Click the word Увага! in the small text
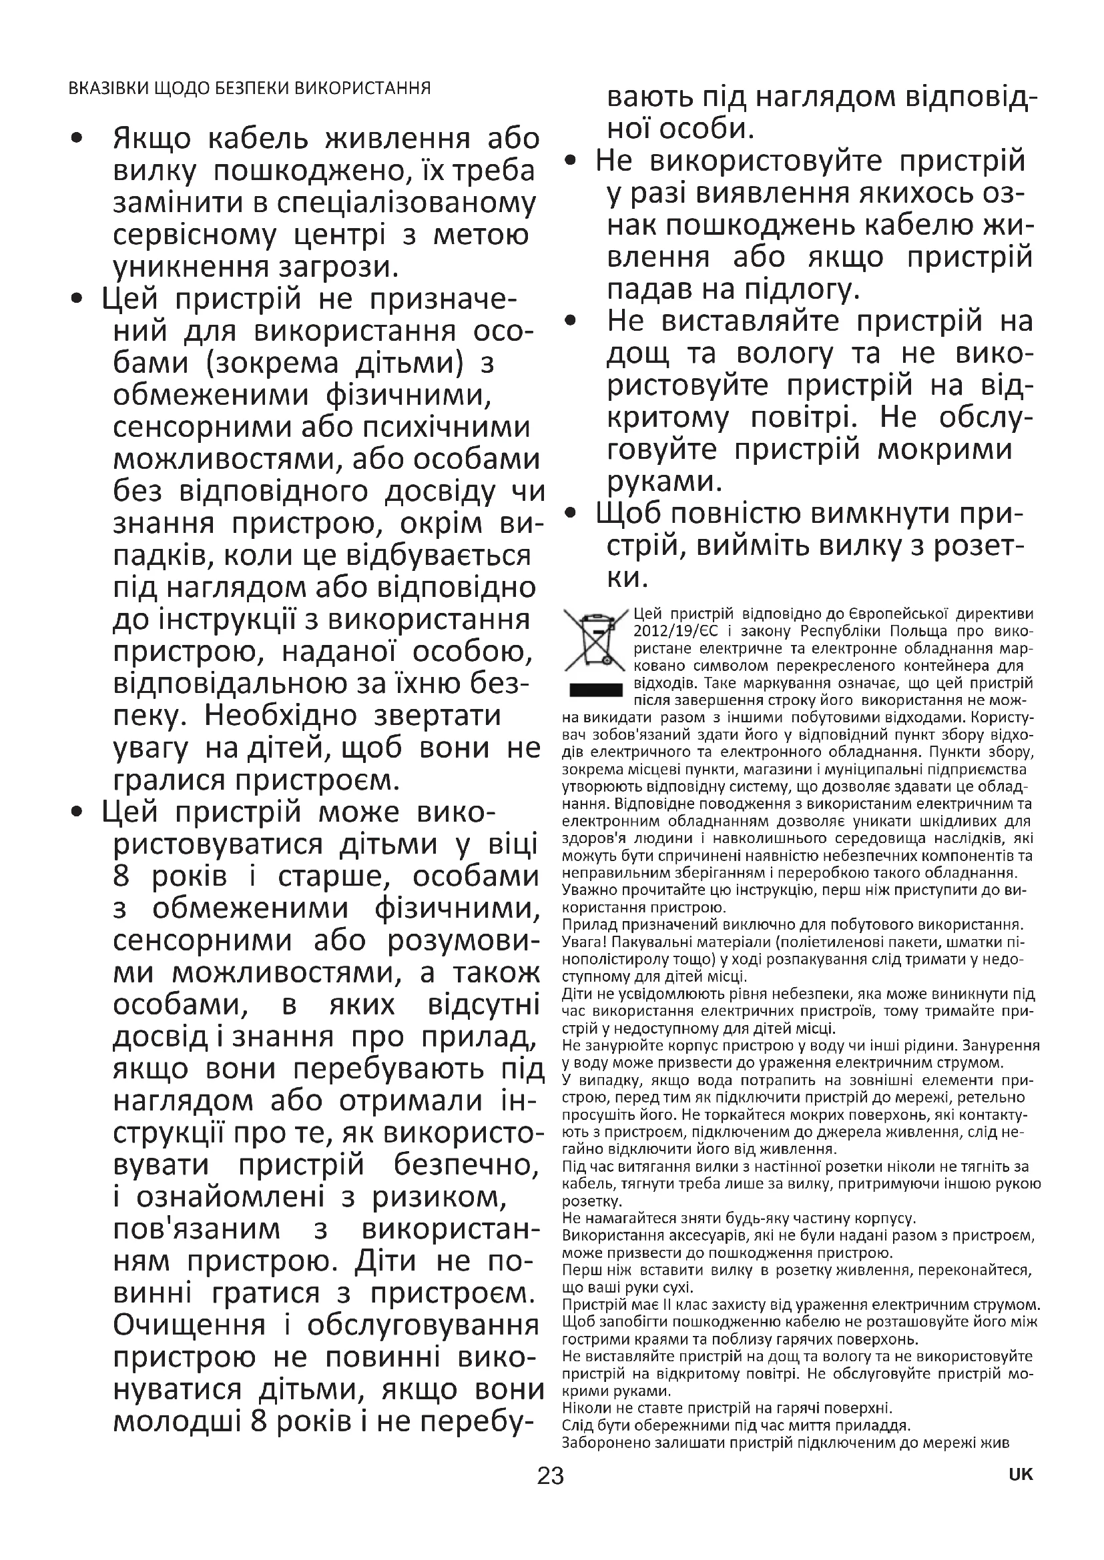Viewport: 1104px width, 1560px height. (x=582, y=943)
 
